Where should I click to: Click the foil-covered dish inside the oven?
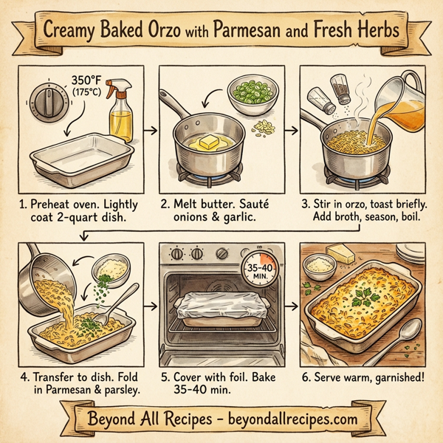[x=216, y=310]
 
